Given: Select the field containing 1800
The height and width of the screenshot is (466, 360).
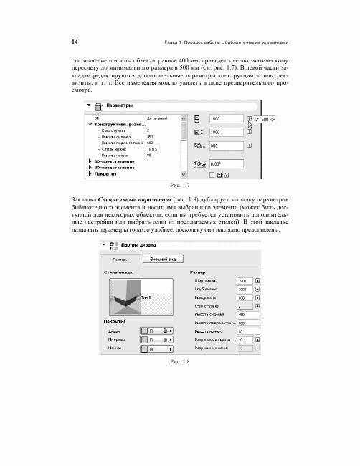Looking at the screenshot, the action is (x=225, y=118).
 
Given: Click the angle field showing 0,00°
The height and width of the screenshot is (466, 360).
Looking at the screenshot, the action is (x=225, y=163).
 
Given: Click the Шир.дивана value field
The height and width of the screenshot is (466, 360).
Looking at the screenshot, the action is (x=243, y=280).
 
